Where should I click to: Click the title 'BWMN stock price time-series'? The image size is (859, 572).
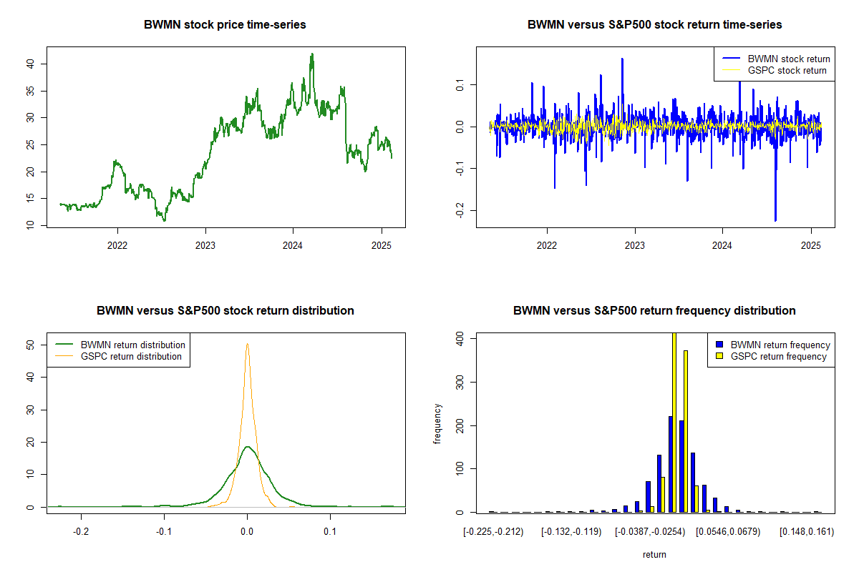225,25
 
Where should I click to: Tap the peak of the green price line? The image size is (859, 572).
311,54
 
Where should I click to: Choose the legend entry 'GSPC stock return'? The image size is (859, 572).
787,70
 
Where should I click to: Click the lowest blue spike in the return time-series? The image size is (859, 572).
775,220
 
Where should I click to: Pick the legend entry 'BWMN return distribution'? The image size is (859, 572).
132,345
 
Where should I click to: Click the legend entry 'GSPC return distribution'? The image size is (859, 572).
131,356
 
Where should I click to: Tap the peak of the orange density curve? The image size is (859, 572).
247,344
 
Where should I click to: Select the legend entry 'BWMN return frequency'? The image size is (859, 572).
780,345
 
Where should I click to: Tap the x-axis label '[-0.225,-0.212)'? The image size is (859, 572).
493,532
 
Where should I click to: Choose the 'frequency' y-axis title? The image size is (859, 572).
438,424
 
